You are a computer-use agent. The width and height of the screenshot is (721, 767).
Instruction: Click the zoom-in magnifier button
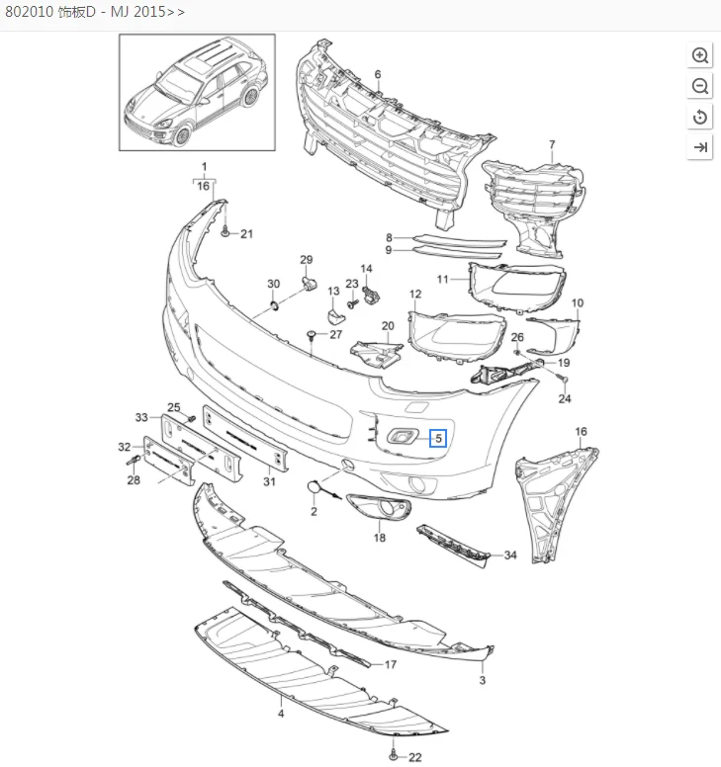[x=700, y=55]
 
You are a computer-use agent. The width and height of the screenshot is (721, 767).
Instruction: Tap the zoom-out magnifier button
[x=700, y=86]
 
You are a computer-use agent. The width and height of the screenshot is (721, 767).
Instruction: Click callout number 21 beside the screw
[x=247, y=234]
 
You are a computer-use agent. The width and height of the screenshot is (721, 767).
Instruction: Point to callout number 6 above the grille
[x=377, y=75]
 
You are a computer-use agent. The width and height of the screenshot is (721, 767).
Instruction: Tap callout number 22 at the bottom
[x=415, y=757]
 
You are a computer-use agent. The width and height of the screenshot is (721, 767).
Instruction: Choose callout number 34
[x=510, y=555]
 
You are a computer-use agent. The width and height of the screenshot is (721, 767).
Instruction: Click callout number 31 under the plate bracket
[x=268, y=481]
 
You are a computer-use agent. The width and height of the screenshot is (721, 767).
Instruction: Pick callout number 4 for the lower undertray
[x=281, y=713]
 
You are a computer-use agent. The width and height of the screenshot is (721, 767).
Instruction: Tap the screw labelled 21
[x=226, y=233]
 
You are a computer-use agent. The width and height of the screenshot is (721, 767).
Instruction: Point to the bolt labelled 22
[x=395, y=756]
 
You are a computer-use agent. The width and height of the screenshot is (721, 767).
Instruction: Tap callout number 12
[x=415, y=295]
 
